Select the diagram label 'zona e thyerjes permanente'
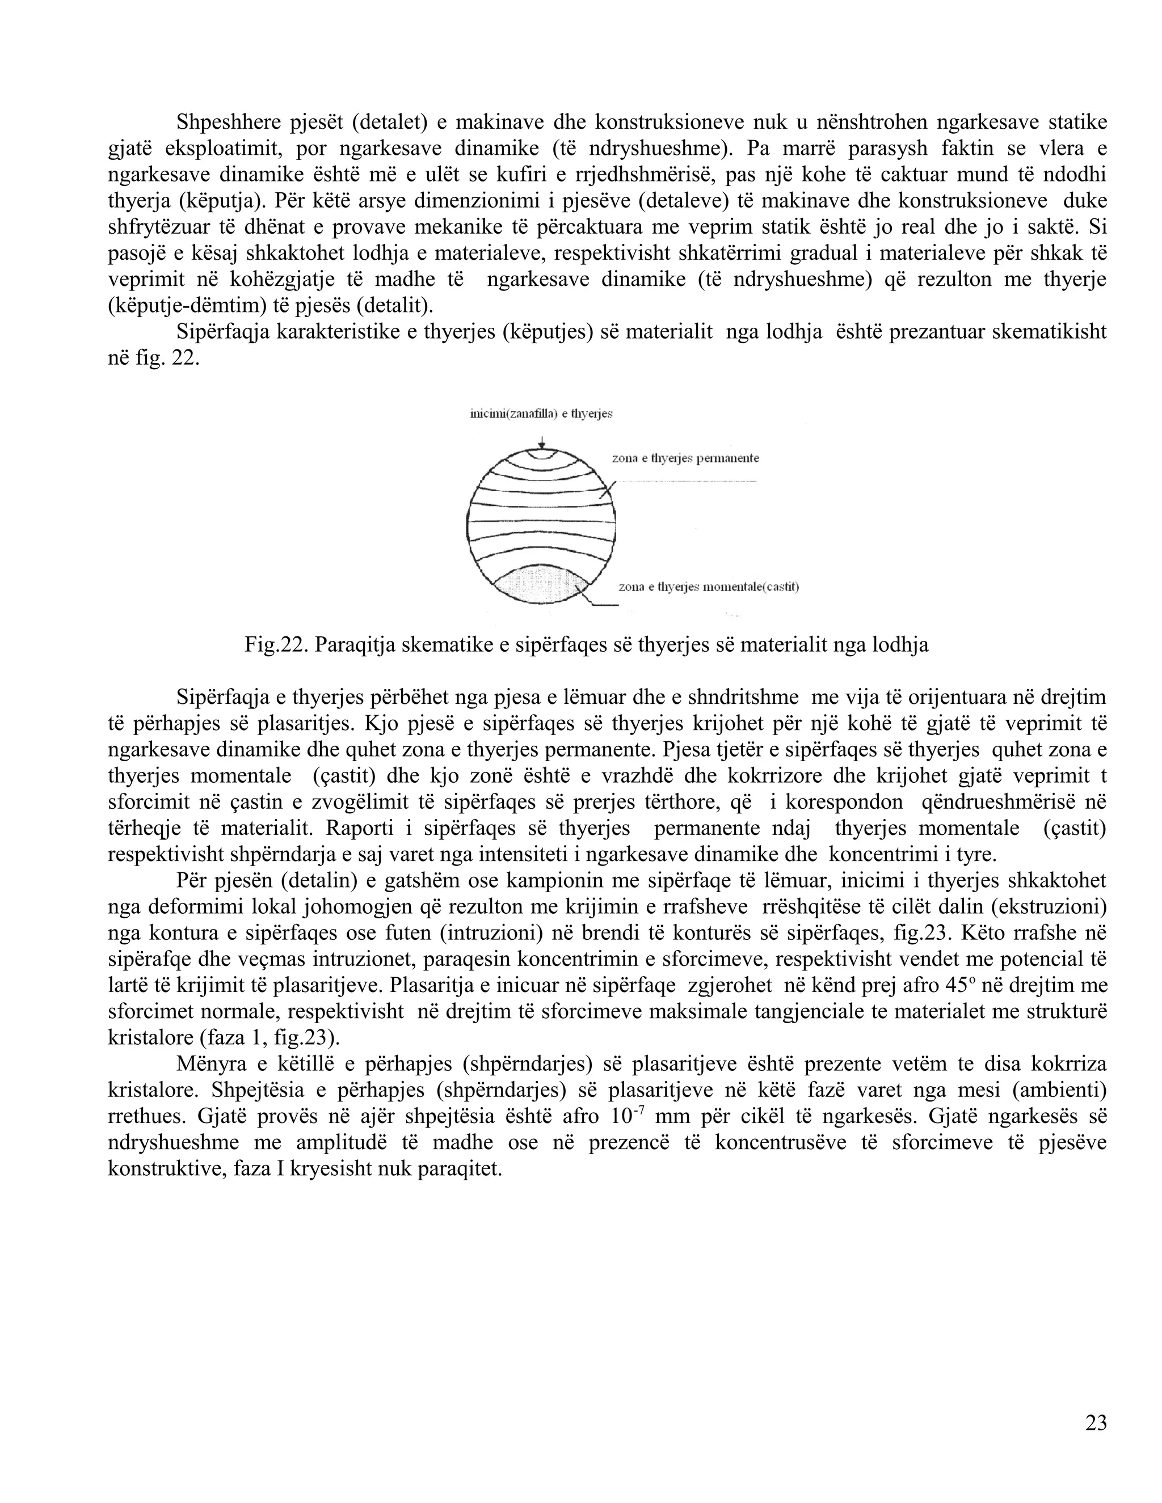685,458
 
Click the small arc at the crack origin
542,454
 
